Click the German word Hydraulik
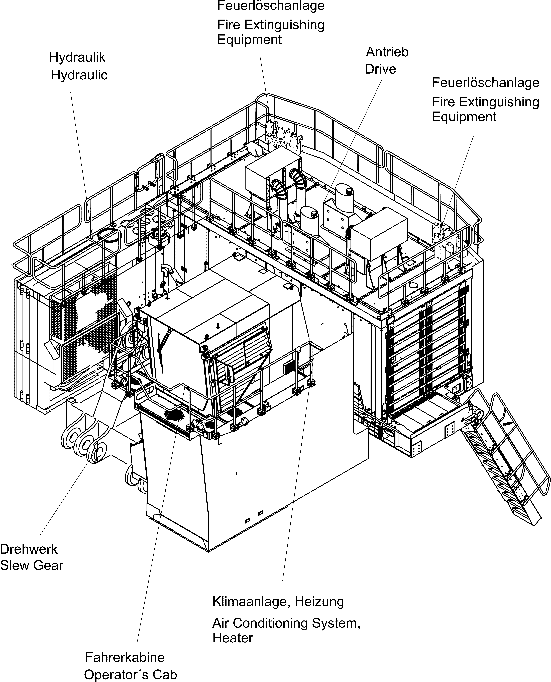point(77,58)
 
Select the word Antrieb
point(387,52)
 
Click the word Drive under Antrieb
point(381,69)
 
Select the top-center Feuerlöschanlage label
point(271,6)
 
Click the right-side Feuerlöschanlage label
point(486,83)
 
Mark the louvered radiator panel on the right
point(427,353)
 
